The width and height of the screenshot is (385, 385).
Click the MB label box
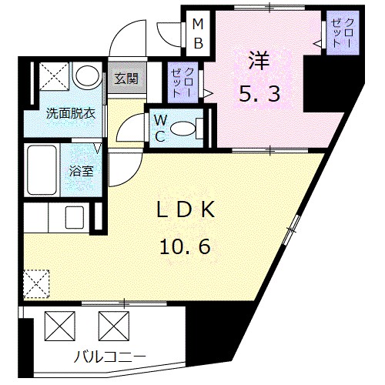pyautogui.click(x=197, y=33)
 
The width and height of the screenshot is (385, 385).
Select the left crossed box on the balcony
pyautogui.click(x=60, y=324)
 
